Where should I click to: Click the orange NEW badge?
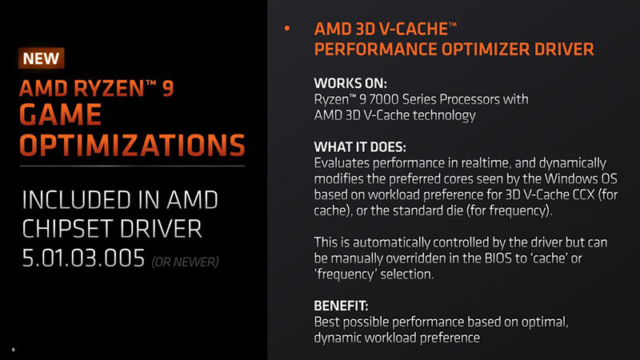click(42, 58)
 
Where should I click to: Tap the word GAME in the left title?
click(61, 114)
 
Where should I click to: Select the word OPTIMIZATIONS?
click(132, 146)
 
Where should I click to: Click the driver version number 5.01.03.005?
click(83, 258)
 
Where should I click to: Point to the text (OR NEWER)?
click(186, 262)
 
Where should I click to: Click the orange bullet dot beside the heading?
click(287, 28)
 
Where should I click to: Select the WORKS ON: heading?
click(350, 83)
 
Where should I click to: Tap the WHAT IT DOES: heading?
click(360, 147)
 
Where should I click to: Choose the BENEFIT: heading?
click(341, 306)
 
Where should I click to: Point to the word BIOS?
click(499, 258)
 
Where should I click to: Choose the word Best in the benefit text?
click(327, 322)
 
